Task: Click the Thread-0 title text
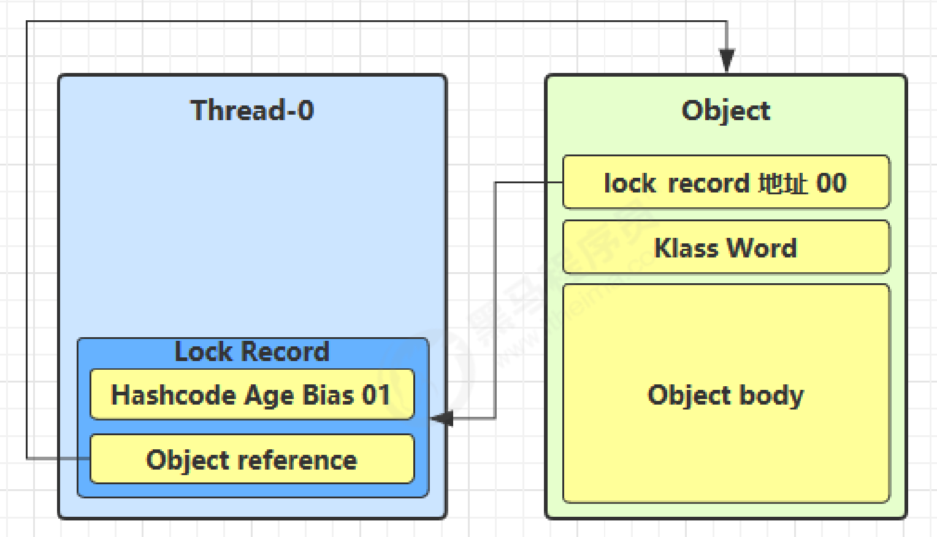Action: [x=252, y=110]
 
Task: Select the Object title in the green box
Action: [x=726, y=111]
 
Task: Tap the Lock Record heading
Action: [x=252, y=351]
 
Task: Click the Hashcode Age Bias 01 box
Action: [x=252, y=394]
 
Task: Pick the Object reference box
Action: [x=252, y=459]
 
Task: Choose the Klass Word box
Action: [x=726, y=247]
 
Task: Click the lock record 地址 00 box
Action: [x=726, y=182]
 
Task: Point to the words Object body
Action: [x=726, y=395]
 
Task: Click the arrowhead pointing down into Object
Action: [x=727, y=60]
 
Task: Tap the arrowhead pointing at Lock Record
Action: [x=442, y=418]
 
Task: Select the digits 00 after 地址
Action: [x=832, y=183]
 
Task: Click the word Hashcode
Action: [x=174, y=395]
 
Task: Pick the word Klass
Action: [x=686, y=248]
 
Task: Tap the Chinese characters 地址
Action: [x=783, y=183]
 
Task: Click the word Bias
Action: [x=328, y=395]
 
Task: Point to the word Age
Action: [x=269, y=396]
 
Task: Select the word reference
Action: [x=297, y=460]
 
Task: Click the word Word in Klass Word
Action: [x=762, y=248]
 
